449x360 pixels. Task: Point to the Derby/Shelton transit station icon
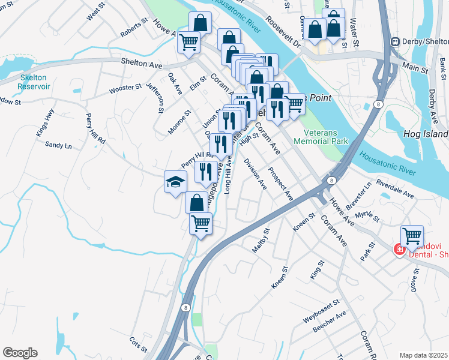point(395,41)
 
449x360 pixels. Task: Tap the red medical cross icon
point(398,249)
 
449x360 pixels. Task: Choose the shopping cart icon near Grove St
point(412,236)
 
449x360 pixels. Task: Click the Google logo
point(20,353)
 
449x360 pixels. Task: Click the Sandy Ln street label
point(58,145)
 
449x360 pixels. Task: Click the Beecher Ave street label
point(330,322)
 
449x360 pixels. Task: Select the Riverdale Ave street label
point(395,188)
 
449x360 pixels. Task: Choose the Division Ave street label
point(255,174)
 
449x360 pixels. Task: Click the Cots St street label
point(137,347)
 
